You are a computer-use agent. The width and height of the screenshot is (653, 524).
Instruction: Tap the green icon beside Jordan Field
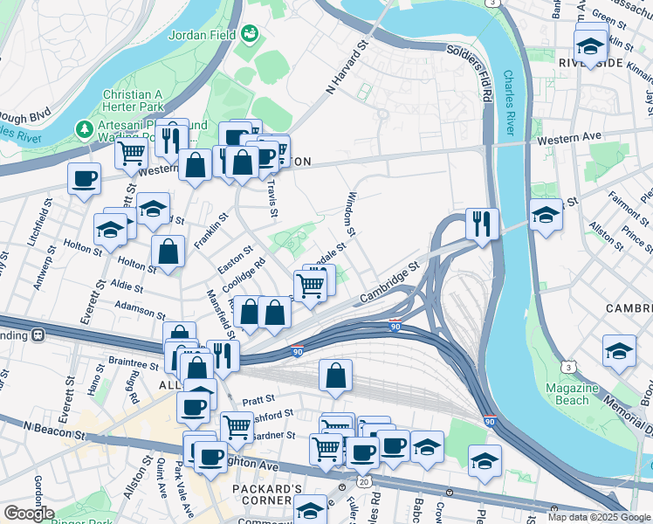point(251,34)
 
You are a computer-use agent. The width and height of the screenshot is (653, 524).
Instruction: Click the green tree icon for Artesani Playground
point(84,129)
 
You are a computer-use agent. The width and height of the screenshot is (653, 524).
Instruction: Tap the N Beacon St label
point(46,427)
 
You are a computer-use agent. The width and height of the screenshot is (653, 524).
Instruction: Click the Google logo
point(30,514)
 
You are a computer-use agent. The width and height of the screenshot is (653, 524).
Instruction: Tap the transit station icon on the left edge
point(38,334)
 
